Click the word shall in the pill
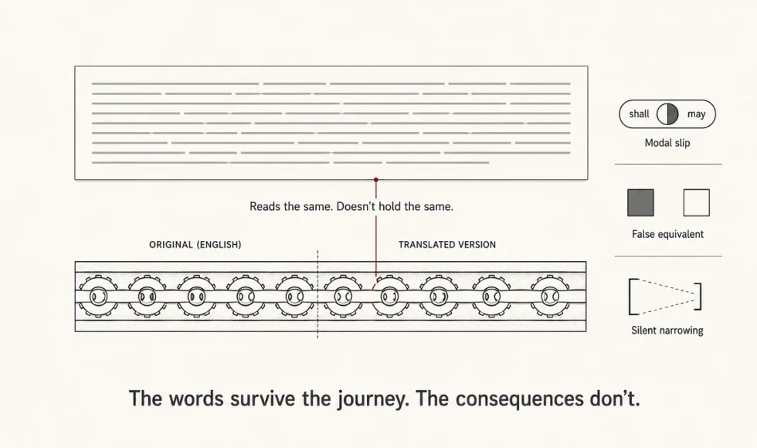[639, 114]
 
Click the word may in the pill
[696, 114]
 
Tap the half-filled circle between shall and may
[667, 114]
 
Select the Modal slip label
[667, 143]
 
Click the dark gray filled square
[640, 202]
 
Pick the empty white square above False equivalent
[697, 202]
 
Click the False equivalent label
[667, 234]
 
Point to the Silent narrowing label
[667, 331]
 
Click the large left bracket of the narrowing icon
[630, 297]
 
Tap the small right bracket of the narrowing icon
[700, 297]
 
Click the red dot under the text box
[376, 179]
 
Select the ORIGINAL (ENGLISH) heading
[195, 245]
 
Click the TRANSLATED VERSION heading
[447, 245]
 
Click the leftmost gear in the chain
[98, 296]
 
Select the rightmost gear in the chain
[550, 296]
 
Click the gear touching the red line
[390, 296]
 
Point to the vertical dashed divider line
[317, 294]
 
